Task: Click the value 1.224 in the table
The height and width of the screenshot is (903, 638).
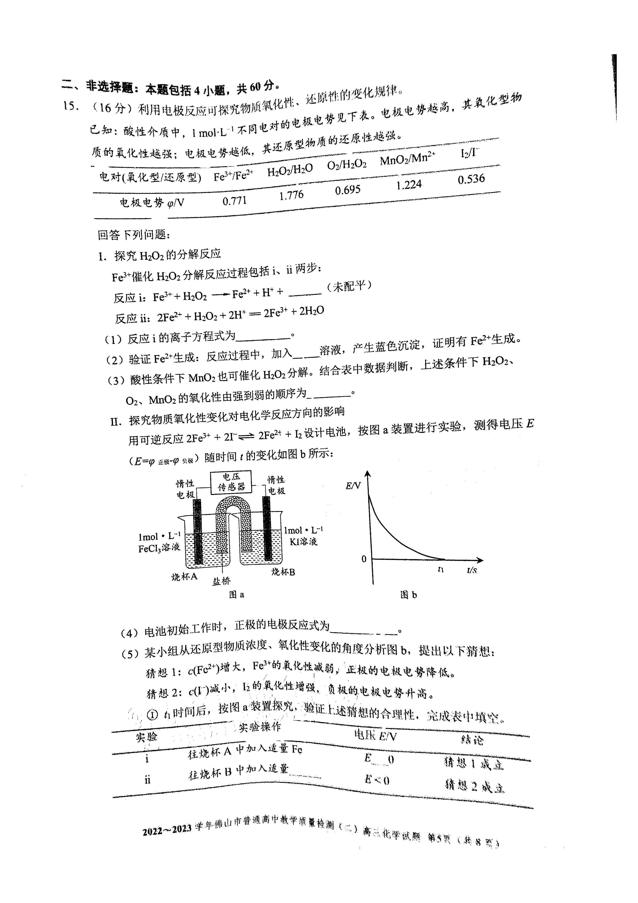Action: [409, 185]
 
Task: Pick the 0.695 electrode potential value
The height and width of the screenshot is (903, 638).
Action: [348, 190]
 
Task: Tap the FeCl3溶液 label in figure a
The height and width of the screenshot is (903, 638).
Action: [159, 548]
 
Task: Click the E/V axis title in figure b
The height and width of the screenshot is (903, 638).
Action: [353, 486]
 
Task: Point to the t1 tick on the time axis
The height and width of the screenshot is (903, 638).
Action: [441, 569]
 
